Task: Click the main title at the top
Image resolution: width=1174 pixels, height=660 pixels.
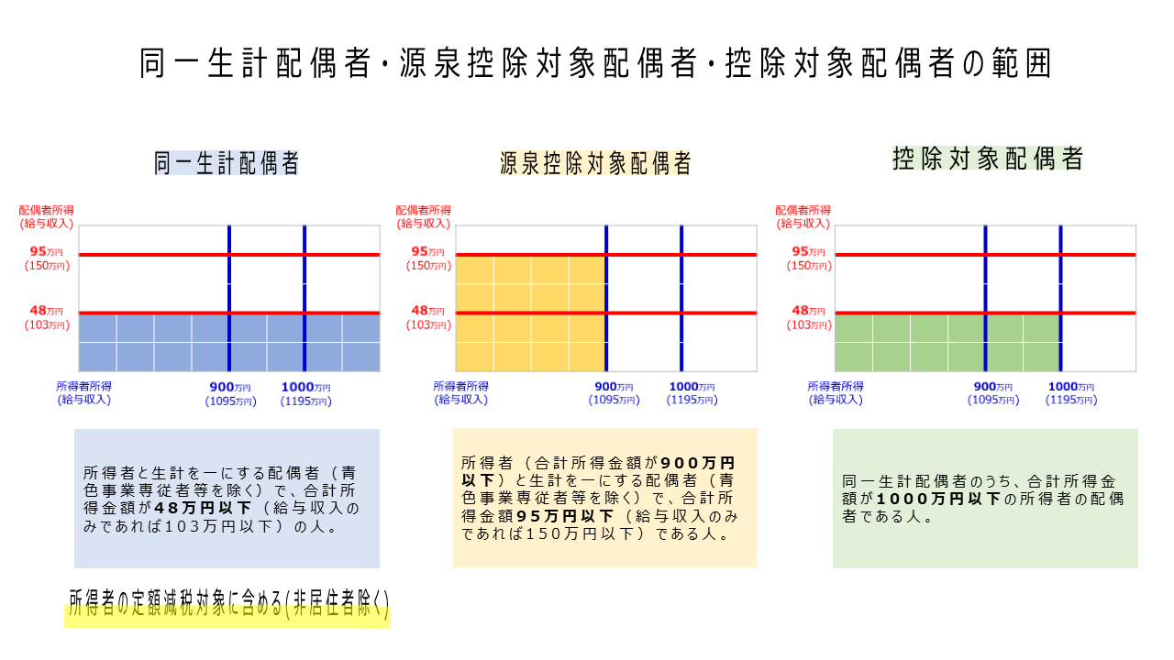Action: tap(595, 63)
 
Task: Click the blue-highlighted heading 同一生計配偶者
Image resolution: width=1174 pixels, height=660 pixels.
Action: tap(227, 163)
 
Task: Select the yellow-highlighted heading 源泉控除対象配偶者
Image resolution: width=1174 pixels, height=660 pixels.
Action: tap(595, 163)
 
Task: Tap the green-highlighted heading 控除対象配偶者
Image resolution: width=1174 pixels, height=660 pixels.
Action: tap(988, 159)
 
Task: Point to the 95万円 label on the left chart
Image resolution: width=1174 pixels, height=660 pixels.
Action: tap(46, 251)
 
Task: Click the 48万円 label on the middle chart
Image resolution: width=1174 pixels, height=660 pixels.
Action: tap(427, 311)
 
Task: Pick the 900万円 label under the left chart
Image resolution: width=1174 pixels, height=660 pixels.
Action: tap(230, 387)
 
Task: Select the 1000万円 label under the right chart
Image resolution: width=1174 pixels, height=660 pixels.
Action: tap(1071, 387)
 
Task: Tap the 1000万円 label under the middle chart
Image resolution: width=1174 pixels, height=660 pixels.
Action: tap(692, 387)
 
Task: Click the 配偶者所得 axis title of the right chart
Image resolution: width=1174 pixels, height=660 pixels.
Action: tap(803, 210)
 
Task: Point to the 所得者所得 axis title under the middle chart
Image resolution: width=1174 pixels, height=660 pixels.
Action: tap(460, 386)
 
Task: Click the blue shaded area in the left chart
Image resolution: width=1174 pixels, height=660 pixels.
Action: tap(229, 343)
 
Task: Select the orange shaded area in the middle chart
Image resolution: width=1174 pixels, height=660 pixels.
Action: tap(531, 313)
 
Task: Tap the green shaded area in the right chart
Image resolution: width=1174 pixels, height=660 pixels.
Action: tap(947, 343)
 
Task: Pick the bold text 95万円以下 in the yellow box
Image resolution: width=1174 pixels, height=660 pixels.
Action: tap(565, 516)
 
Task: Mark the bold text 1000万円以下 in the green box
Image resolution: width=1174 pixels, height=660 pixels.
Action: tap(938, 499)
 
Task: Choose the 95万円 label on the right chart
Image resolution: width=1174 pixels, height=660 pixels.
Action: tap(808, 251)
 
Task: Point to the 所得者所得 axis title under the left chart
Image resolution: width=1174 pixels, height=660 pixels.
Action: tap(83, 386)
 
